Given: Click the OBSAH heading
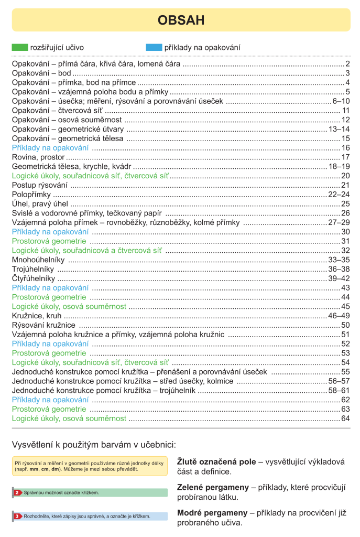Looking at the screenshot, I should [x=180, y=20].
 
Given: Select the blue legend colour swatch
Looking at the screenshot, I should [x=154, y=48].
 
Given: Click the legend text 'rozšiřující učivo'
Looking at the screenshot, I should [x=57, y=48].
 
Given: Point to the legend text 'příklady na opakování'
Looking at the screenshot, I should [x=202, y=48].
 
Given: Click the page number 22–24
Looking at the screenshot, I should [x=339, y=195].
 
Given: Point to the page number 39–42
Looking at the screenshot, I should [x=339, y=278].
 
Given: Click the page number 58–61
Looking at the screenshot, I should [x=339, y=390].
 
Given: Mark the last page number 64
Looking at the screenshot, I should [x=345, y=418].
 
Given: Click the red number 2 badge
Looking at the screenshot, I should [x=17, y=492].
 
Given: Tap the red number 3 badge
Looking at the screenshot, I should [x=17, y=516].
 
